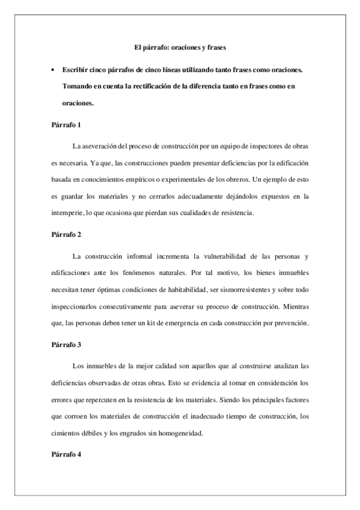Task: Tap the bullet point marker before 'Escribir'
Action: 53,70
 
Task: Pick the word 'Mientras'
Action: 294,306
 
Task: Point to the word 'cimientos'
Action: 67,432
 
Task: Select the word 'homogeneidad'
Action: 185,432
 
